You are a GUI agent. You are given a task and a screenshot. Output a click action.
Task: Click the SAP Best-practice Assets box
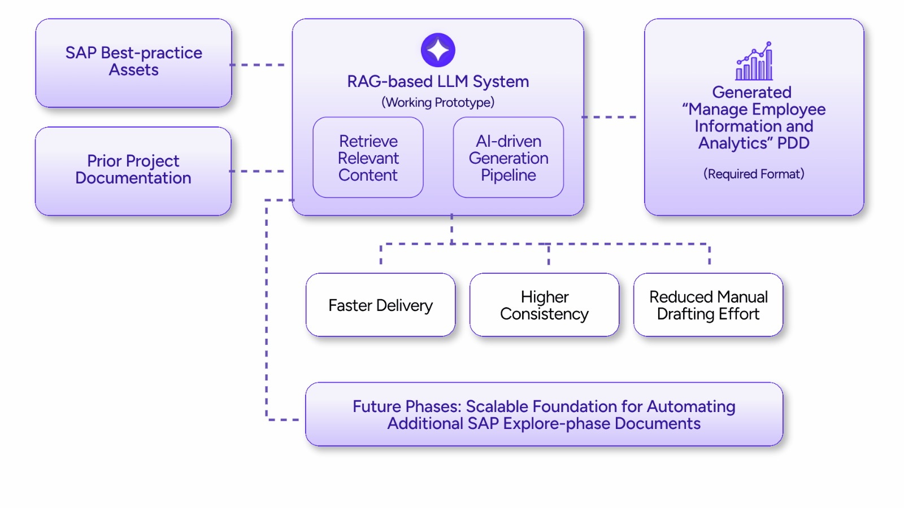133,62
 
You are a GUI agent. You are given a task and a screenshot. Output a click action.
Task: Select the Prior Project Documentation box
133,170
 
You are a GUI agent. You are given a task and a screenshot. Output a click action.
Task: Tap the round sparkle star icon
438,50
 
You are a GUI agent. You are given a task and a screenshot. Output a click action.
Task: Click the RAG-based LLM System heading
438,82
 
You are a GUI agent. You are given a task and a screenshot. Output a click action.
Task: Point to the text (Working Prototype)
438,103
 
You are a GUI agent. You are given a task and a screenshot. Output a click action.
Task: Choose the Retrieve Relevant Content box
368,157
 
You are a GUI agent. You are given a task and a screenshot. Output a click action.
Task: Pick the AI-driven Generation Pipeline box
508,157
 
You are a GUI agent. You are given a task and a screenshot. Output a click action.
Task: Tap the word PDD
793,143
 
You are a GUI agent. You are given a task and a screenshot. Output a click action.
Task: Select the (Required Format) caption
754,174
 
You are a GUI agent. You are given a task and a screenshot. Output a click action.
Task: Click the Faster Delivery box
380,305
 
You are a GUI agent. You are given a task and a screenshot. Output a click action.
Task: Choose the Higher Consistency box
544,305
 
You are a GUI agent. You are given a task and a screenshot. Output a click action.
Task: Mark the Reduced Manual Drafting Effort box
708,305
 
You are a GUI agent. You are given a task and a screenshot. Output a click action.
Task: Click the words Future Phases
405,406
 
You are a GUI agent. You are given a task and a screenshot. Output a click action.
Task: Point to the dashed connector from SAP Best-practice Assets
258,65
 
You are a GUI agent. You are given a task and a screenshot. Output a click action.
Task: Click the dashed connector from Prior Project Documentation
258,171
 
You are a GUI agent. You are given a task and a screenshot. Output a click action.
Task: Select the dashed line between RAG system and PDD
609,117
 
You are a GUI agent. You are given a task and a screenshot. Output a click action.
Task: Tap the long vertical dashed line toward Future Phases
267,310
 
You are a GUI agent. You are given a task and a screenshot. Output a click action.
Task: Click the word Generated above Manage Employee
751,93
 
